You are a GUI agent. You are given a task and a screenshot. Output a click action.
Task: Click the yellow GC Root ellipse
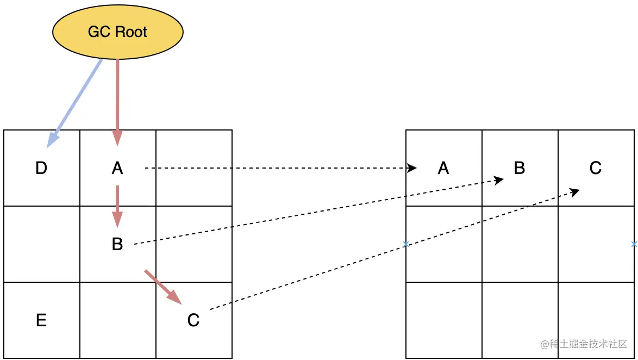(117, 32)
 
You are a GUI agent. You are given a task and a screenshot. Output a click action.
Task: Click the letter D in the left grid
(41, 169)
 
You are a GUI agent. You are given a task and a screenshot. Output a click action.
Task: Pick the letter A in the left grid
(117, 169)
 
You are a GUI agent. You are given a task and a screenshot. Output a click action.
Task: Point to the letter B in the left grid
(117, 244)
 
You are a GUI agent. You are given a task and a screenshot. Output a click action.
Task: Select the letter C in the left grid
(193, 320)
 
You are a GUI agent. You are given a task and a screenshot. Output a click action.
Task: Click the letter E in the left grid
(41, 320)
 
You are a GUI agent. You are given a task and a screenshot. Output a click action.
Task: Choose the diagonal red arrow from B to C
(162, 285)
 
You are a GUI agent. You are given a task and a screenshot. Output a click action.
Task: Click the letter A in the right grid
(443, 169)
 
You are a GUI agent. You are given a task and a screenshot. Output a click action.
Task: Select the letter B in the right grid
(520, 169)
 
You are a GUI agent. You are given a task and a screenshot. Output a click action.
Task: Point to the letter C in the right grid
(596, 169)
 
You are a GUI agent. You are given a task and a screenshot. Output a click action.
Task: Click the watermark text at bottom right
(584, 344)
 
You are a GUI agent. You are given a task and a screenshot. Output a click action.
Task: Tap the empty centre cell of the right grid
(520, 244)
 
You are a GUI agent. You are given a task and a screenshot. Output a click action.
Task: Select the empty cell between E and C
(117, 320)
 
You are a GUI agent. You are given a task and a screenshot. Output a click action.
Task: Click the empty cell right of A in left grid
(193, 169)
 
